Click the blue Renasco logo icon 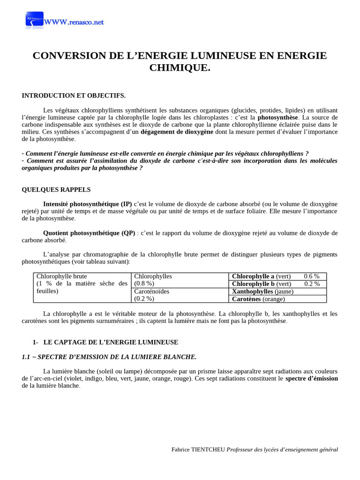[34, 20]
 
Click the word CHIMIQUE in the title [180, 67]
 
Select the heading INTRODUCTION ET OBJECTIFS [74, 96]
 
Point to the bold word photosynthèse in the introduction [277, 117]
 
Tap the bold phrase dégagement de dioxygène [177, 132]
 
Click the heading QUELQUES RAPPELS [56, 189]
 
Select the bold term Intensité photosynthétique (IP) [88, 204]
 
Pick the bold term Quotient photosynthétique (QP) [89, 232]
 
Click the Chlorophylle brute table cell [82, 284]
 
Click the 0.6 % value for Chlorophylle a [312, 276]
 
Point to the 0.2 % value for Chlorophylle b [312, 284]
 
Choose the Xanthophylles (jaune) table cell [262, 291]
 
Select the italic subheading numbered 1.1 [109, 357]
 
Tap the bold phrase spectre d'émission [311, 378]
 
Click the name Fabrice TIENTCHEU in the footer [198, 450]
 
